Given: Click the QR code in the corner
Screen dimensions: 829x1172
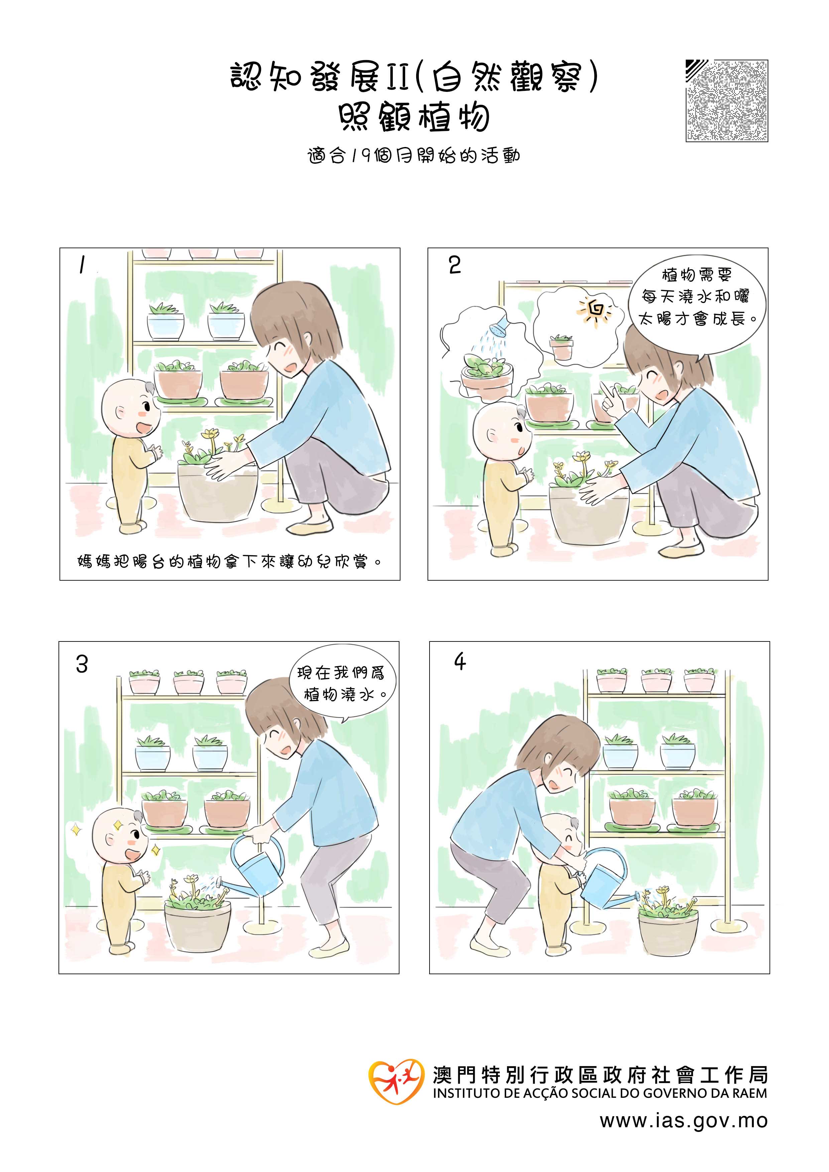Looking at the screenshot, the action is [726, 101].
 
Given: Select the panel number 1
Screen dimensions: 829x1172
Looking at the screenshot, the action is [82, 265].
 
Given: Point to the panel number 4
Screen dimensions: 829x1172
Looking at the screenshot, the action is [460, 662].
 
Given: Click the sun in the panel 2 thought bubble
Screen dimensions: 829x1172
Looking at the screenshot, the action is [596, 308].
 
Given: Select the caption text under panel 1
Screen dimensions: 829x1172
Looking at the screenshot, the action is [230, 562].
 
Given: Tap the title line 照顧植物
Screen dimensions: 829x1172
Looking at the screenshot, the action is [414, 118].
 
